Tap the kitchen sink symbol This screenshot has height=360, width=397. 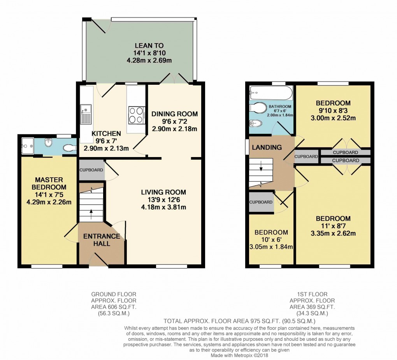86,113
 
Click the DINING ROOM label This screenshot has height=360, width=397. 175,114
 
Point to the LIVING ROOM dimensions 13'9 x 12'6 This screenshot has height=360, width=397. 163,200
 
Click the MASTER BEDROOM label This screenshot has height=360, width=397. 49,183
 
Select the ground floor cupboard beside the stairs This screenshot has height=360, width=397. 91,170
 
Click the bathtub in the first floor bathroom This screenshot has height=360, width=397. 271,94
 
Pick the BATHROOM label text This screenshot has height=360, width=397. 279,106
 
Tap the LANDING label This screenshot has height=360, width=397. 267,147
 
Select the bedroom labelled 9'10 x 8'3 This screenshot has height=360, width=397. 333,103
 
